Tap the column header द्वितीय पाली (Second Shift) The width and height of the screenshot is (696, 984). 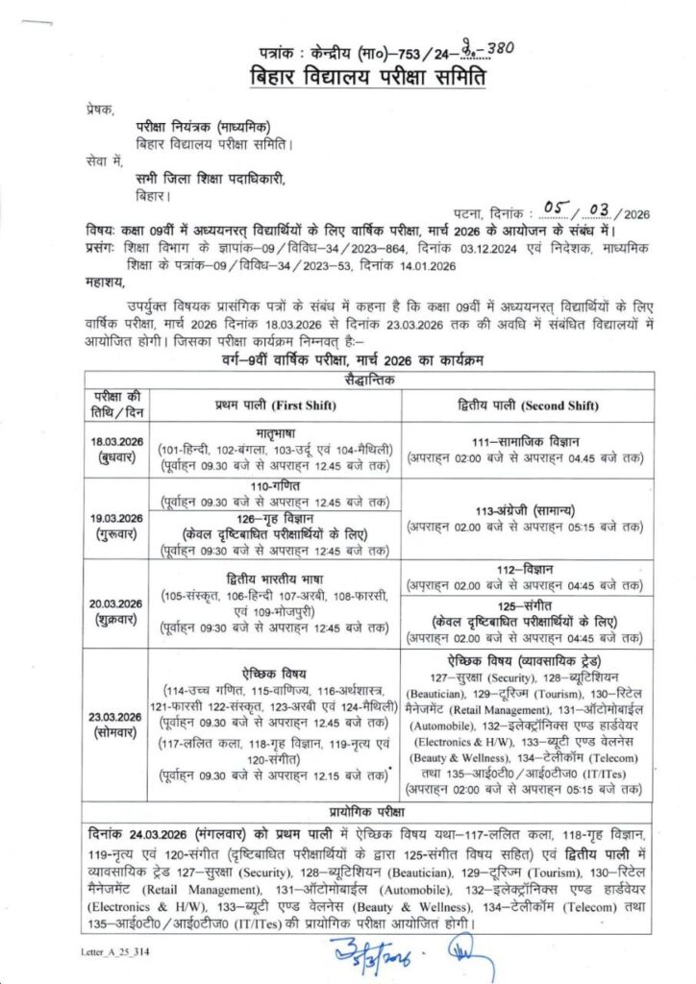click(524, 406)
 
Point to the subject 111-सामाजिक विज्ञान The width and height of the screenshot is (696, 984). click(524, 439)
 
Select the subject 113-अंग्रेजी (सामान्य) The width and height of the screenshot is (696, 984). click(524, 511)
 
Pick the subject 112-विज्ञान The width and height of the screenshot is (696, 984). click(524, 569)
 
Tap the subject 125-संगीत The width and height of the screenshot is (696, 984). click(524, 606)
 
